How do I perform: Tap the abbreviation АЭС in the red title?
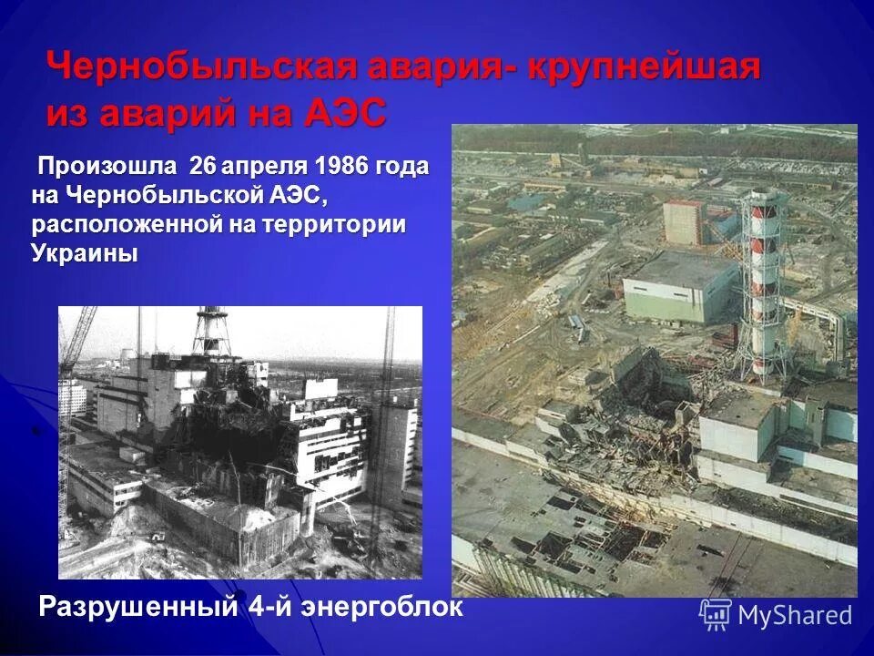[342, 115]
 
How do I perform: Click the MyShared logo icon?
[715, 614]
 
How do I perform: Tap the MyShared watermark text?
[795, 615]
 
